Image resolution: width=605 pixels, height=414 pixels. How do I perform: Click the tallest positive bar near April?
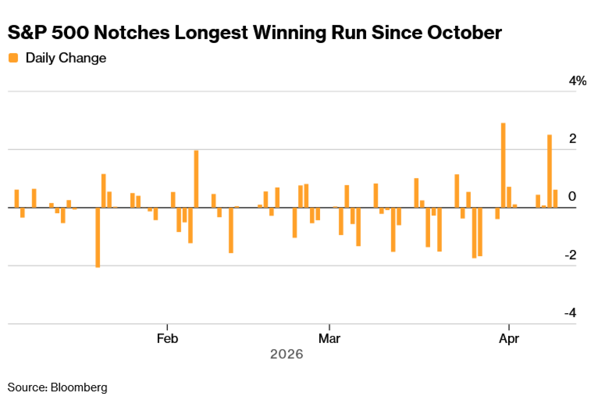tap(503, 165)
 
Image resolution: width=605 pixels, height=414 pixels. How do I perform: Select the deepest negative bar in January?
tap(98, 237)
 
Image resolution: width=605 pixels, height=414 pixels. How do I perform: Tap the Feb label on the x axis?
tap(167, 338)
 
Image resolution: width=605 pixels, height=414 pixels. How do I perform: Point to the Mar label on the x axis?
tap(329, 338)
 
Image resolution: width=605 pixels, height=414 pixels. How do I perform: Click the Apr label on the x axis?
tap(509, 338)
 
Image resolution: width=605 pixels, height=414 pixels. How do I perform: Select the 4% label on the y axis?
tap(577, 81)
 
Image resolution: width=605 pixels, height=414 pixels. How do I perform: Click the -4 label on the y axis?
tap(571, 313)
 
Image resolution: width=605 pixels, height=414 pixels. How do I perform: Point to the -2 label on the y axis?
tap(571, 255)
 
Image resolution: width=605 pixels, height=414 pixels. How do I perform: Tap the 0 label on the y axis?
tap(572, 196)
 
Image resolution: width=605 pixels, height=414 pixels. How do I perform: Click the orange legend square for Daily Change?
tap(13, 58)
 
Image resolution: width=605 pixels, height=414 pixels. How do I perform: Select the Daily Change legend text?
tap(66, 58)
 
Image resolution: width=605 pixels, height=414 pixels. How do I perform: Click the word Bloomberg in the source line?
tap(79, 387)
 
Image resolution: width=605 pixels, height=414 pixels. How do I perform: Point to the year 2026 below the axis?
tap(286, 354)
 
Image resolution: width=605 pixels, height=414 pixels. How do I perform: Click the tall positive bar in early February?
tap(196, 179)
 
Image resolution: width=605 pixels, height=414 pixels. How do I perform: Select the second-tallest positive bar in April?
tap(550, 171)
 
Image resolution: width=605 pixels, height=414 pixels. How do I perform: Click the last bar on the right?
tap(555, 199)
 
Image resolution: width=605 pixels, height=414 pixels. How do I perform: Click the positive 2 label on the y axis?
tap(572, 139)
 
